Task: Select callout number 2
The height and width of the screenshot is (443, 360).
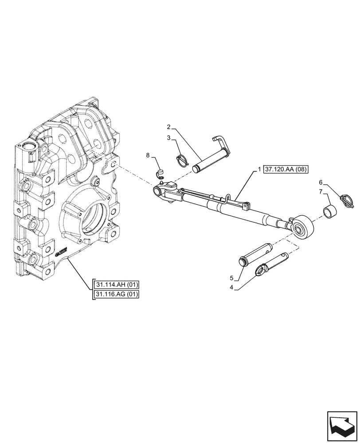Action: click(168, 127)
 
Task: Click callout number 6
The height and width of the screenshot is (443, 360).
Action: click(321, 183)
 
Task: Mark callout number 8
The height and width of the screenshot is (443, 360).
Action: click(149, 155)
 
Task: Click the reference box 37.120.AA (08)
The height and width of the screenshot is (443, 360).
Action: click(286, 170)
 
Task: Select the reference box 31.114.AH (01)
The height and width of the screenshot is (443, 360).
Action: click(117, 284)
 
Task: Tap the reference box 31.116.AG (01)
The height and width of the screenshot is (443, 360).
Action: click(117, 294)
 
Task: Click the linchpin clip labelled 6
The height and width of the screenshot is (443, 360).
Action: click(346, 200)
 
